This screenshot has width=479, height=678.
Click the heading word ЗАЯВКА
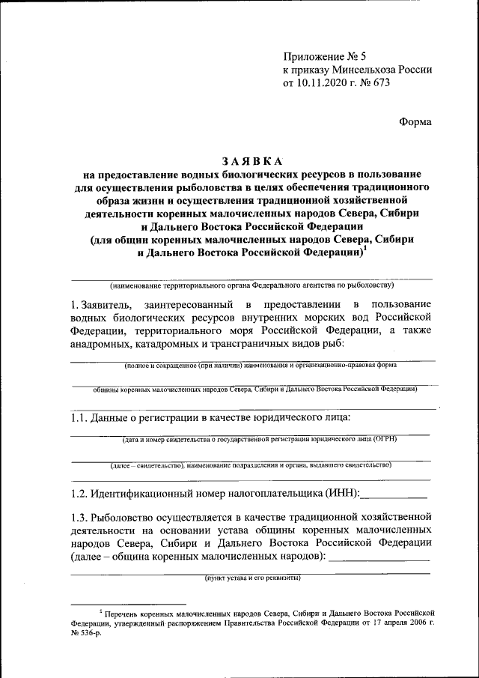251,160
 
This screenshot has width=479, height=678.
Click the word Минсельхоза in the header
368,69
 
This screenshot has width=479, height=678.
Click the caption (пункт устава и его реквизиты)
252,578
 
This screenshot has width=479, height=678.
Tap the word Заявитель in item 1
106,305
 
